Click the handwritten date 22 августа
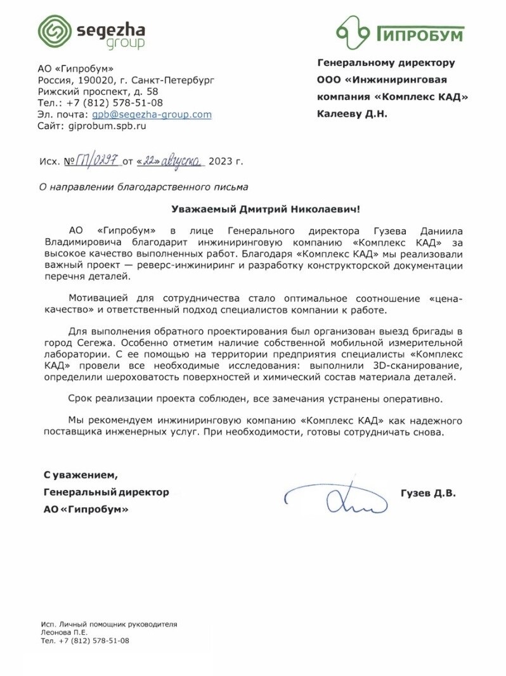[x=169, y=161]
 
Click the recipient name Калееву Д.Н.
[x=351, y=114]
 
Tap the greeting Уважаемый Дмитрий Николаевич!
[x=269, y=209]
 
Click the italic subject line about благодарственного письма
[x=144, y=187]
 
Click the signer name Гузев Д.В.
[x=428, y=493]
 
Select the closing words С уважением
[x=81, y=475]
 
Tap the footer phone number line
[x=84, y=641]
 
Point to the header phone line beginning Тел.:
[x=100, y=103]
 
